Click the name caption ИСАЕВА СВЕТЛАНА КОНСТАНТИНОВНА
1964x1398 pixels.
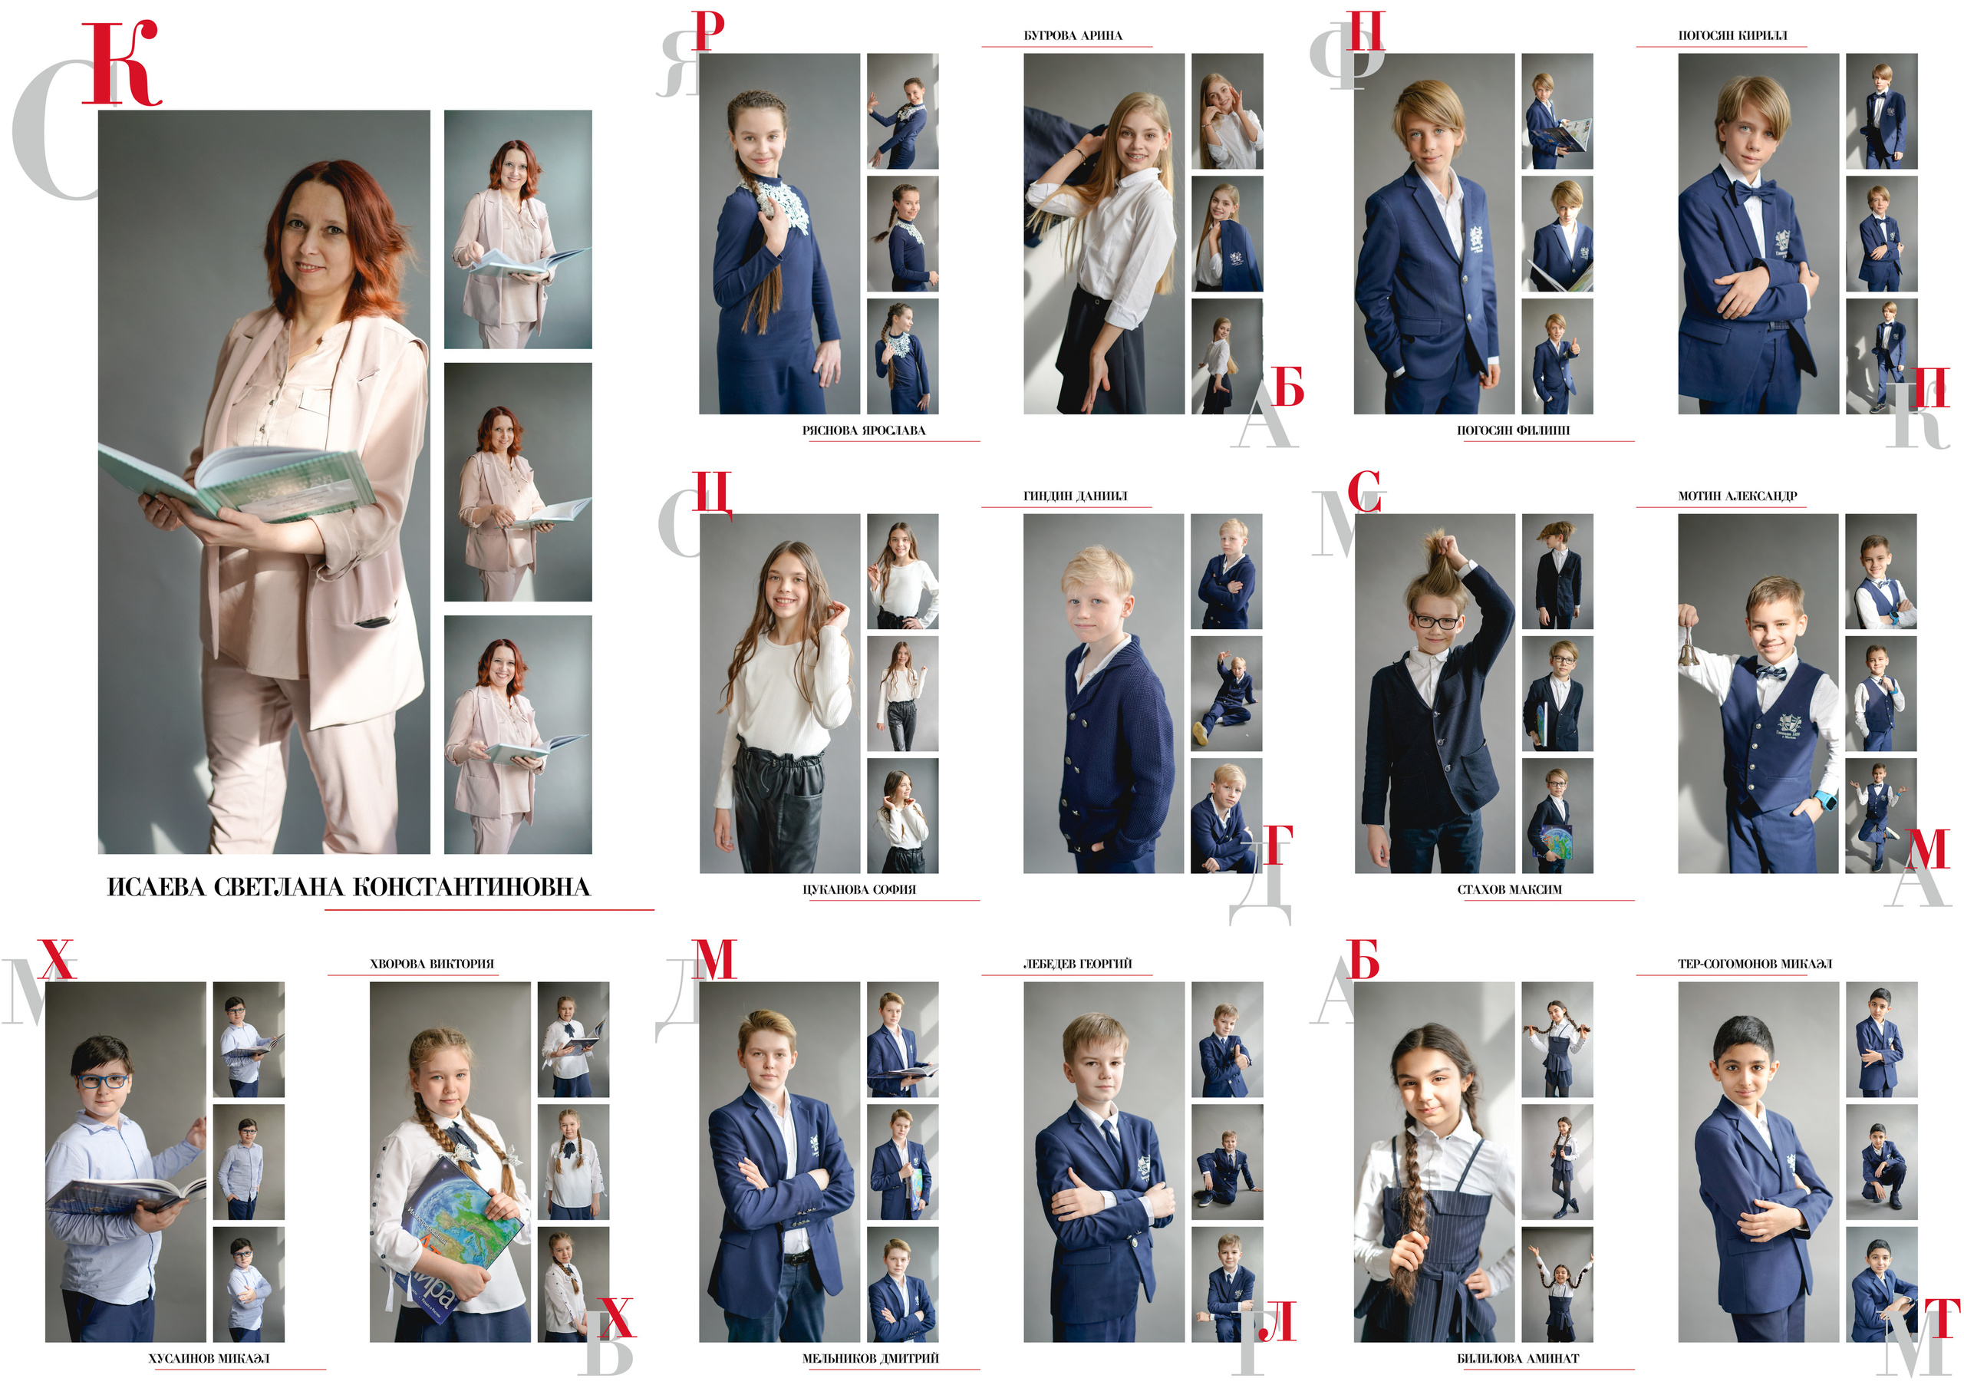click(x=348, y=888)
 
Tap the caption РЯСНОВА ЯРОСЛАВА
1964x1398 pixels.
click(x=863, y=430)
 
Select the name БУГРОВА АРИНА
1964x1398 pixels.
click(x=1073, y=35)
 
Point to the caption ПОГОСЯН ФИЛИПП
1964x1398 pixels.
click(x=1513, y=430)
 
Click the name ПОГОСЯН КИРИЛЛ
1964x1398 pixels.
click(x=1732, y=35)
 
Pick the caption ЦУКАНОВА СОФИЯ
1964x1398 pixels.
click(x=859, y=889)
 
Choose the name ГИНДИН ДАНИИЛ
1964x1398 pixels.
click(x=1075, y=496)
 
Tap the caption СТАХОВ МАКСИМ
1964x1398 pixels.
click(x=1510, y=889)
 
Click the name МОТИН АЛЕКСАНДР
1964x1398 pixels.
click(x=1738, y=496)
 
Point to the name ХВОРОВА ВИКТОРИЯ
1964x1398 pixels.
click(x=432, y=964)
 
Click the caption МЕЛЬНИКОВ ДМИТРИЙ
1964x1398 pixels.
click(x=870, y=1358)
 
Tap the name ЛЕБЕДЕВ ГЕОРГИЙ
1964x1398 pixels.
click(x=1078, y=964)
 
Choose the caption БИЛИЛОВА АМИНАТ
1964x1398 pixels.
click(x=1518, y=1358)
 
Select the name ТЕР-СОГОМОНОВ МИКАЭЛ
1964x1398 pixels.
click(x=1755, y=964)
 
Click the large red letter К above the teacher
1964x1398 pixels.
click(x=120, y=64)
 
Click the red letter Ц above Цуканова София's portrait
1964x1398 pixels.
click(x=713, y=494)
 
